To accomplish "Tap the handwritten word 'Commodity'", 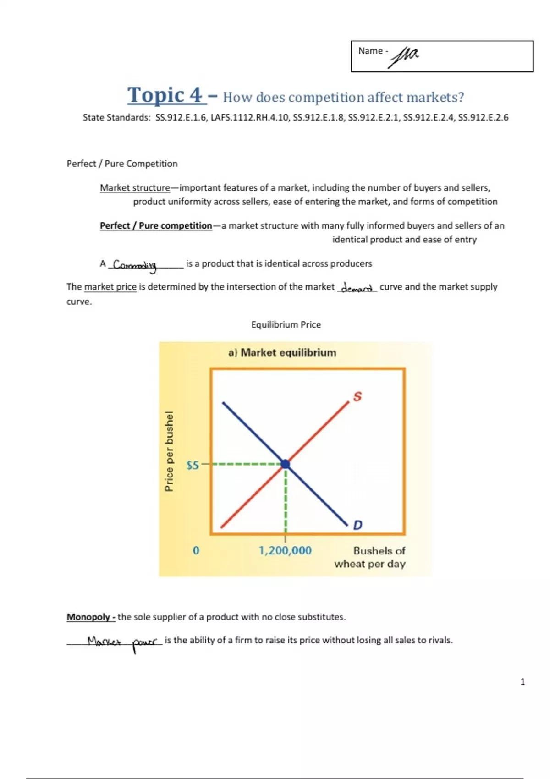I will point(135,265).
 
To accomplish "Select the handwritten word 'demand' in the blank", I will point(357,288).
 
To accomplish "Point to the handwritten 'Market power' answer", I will point(122,642).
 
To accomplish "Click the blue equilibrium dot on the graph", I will point(286,464).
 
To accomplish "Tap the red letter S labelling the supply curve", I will point(357,396).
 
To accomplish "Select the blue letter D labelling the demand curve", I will point(357,525).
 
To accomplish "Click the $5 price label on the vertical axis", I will point(192,466).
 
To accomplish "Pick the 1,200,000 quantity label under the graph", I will point(285,550).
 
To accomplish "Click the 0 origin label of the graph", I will point(196,550).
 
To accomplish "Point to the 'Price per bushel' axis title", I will point(169,451).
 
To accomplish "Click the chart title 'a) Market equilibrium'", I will point(282,352).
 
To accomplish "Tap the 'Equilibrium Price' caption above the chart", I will point(286,324).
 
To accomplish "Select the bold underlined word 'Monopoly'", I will point(88,617).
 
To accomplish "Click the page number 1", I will point(522,682).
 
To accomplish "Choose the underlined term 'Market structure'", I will point(135,188).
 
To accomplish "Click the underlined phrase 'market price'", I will point(110,287).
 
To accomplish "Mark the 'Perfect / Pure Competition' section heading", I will point(122,164).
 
